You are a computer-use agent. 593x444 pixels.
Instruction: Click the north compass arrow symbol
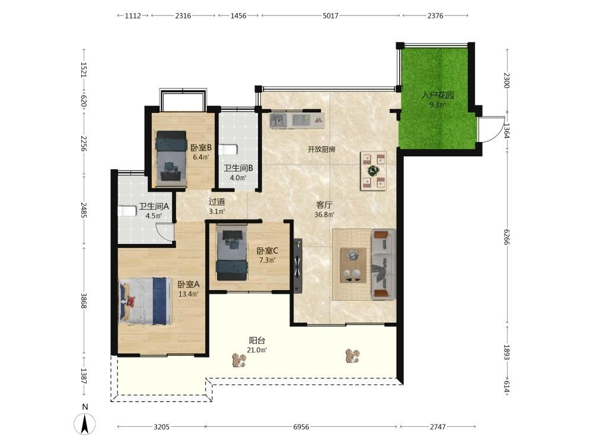(85, 424)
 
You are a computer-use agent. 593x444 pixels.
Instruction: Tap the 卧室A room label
(189, 284)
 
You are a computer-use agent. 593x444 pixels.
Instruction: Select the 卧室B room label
(201, 147)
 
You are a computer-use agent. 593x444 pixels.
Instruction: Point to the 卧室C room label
(267, 250)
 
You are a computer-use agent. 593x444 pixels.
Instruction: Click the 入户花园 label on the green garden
(438, 95)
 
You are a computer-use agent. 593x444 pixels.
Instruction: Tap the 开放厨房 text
(321, 149)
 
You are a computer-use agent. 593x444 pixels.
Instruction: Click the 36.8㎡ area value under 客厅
(324, 215)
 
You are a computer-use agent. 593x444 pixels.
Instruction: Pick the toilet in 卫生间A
(127, 211)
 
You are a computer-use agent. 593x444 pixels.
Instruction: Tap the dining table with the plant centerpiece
(373, 170)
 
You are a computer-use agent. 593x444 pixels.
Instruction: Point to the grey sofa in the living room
(384, 264)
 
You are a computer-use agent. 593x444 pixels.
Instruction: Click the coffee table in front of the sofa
(353, 265)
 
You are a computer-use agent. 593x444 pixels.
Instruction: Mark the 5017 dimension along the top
(330, 16)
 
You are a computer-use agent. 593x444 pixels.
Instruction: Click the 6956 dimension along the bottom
(301, 427)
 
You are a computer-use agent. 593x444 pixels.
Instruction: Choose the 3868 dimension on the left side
(84, 301)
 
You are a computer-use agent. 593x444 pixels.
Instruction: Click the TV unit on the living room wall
(298, 265)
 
